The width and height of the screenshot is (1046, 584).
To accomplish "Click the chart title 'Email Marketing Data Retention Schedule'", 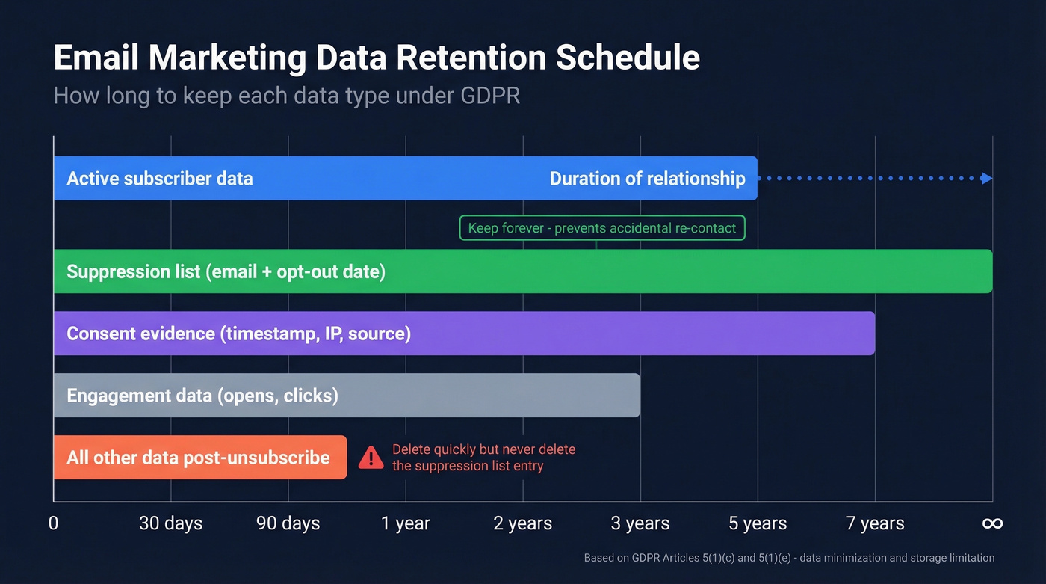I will click(377, 58).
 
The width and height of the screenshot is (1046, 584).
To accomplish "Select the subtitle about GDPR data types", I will click(286, 96).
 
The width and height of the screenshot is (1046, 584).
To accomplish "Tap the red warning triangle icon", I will click(371, 458).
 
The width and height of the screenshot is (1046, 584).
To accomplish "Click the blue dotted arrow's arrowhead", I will click(987, 178).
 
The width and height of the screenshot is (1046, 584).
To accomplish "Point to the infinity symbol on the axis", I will click(992, 523).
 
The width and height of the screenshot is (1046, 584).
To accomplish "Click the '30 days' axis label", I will click(170, 523).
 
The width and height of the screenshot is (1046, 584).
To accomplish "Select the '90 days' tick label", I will click(288, 523).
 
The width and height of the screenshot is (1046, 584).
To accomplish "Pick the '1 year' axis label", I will click(406, 523).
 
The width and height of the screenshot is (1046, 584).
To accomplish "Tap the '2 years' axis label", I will click(523, 523).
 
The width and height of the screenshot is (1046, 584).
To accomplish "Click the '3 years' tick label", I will click(640, 523).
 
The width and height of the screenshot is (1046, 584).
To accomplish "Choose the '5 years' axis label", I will click(758, 523).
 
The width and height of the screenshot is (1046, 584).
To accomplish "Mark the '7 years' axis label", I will click(875, 523).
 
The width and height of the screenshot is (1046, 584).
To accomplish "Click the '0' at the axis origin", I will click(53, 523).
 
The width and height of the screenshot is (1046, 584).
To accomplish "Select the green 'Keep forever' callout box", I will click(602, 228).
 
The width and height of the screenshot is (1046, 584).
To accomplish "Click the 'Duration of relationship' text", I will click(647, 179).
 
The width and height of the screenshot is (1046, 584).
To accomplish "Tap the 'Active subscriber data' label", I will click(160, 179).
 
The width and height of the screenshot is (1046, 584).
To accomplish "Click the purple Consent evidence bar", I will click(598, 334).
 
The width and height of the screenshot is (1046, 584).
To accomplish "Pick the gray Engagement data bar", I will click(486, 395).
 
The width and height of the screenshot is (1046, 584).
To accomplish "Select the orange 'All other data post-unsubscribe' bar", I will click(199, 457).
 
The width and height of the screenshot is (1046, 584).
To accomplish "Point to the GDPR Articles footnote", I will click(789, 558).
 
